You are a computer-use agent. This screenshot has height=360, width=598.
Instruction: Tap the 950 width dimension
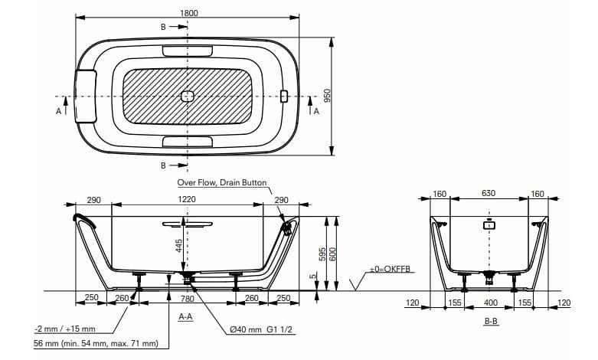point(326,96)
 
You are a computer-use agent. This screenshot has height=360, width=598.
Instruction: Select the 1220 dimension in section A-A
point(187,199)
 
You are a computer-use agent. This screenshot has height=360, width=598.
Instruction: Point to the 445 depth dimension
point(178,245)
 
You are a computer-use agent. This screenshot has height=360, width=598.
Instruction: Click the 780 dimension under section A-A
point(186,299)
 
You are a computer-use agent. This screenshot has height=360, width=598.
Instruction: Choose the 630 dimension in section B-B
point(488,195)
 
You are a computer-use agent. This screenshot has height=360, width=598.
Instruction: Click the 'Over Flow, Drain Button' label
point(222,183)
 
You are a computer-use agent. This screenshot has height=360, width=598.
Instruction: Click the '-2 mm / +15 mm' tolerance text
point(64,329)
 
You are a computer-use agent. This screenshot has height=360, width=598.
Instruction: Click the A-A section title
point(185,316)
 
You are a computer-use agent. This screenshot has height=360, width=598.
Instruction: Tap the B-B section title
point(491,322)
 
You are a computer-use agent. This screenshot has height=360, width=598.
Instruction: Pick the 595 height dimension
point(322,253)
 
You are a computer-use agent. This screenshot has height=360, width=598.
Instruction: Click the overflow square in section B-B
point(489,225)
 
